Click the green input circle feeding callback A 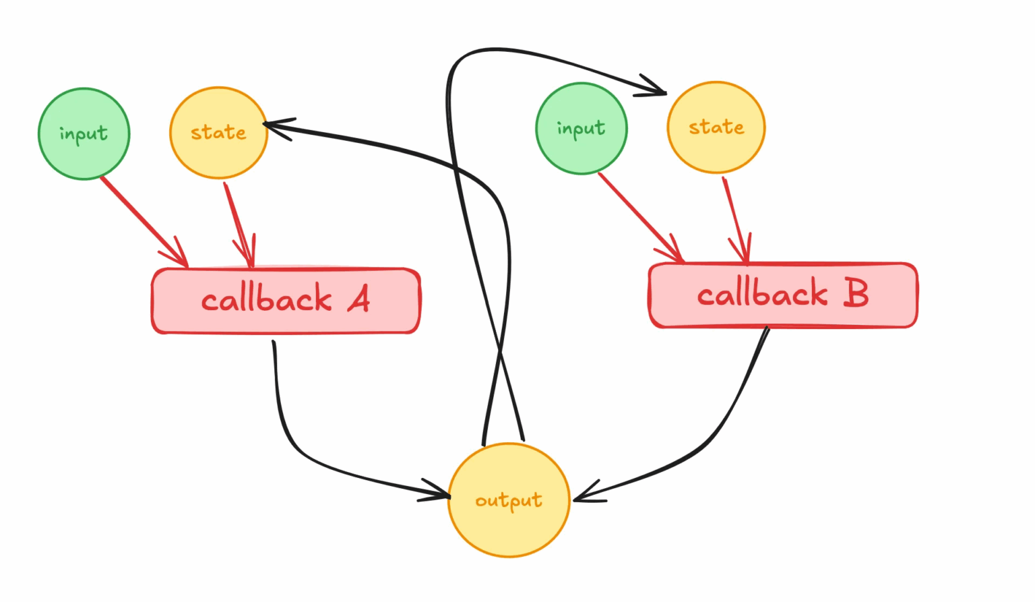tap(84, 134)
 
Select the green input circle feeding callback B tap(581, 129)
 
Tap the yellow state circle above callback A tap(218, 133)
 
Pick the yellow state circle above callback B tap(716, 127)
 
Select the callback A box tap(286, 301)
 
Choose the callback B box tap(783, 295)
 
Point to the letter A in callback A tap(359, 299)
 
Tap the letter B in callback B tap(856, 293)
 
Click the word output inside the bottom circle tap(509, 501)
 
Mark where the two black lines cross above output tap(499, 351)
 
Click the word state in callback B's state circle tap(716, 127)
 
